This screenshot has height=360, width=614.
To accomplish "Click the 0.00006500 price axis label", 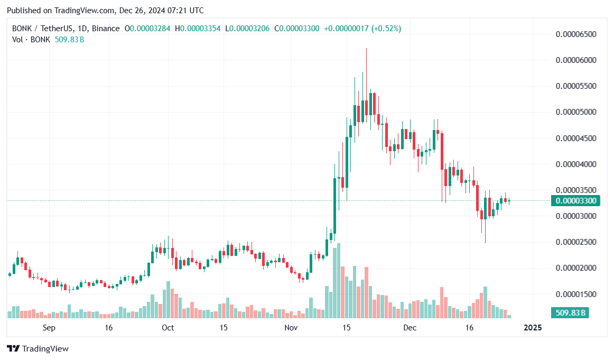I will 576,34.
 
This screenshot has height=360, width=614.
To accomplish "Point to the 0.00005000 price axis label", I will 576,112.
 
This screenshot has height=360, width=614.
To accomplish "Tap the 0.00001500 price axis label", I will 576,294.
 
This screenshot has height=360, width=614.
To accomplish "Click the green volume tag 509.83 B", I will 570,313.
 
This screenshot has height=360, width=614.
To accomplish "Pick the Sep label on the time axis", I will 49,328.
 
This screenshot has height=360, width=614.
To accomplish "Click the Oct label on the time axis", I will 168,328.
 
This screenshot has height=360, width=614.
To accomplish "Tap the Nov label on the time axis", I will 291,328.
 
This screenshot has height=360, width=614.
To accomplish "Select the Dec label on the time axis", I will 410,328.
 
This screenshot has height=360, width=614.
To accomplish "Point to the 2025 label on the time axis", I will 532,328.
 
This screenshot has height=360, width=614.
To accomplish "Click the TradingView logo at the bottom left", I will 38,349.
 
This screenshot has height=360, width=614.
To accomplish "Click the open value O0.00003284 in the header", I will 147,29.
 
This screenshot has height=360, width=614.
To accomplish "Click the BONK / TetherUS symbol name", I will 43,29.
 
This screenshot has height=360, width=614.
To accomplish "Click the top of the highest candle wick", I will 366,49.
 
